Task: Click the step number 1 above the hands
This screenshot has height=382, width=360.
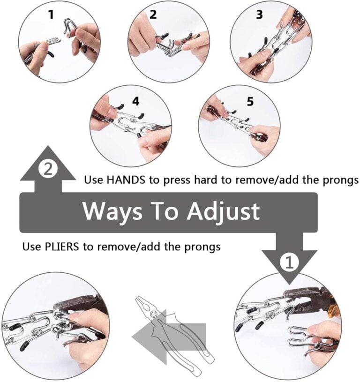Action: tap(51, 15)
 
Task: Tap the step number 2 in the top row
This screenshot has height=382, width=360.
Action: tap(153, 15)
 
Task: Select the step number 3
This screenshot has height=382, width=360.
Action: tap(259, 15)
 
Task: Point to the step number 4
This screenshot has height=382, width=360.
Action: tap(135, 101)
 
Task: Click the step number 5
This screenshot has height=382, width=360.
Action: tap(250, 101)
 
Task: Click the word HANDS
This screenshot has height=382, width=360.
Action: tap(126, 180)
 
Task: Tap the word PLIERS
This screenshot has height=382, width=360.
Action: tap(62, 247)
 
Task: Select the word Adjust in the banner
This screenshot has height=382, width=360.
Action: tap(223, 211)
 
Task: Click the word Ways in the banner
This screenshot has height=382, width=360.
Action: tap(112, 211)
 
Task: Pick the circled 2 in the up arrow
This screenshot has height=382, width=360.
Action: tap(48, 169)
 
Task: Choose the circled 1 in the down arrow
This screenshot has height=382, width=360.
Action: tap(289, 262)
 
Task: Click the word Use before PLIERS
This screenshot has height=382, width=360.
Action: tap(32, 247)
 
